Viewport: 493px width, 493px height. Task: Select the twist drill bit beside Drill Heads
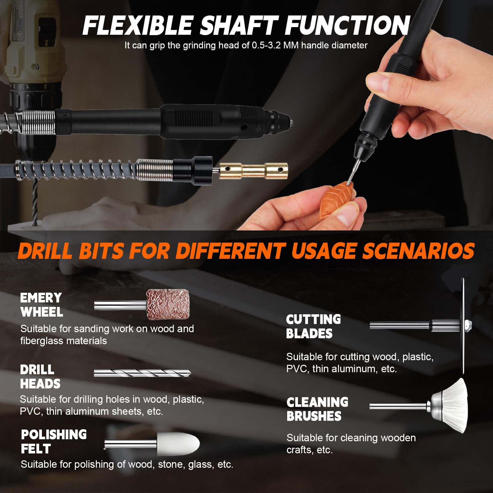tap(142, 373)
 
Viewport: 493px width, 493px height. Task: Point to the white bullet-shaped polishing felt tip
tap(178, 443)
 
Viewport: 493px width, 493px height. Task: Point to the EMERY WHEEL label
tap(42, 305)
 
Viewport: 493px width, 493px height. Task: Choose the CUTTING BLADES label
tap(313, 326)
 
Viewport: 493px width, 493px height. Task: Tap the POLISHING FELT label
tap(54, 442)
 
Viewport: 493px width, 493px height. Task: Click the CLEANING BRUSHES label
tap(317, 409)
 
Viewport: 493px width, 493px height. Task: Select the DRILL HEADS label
tap(40, 377)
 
